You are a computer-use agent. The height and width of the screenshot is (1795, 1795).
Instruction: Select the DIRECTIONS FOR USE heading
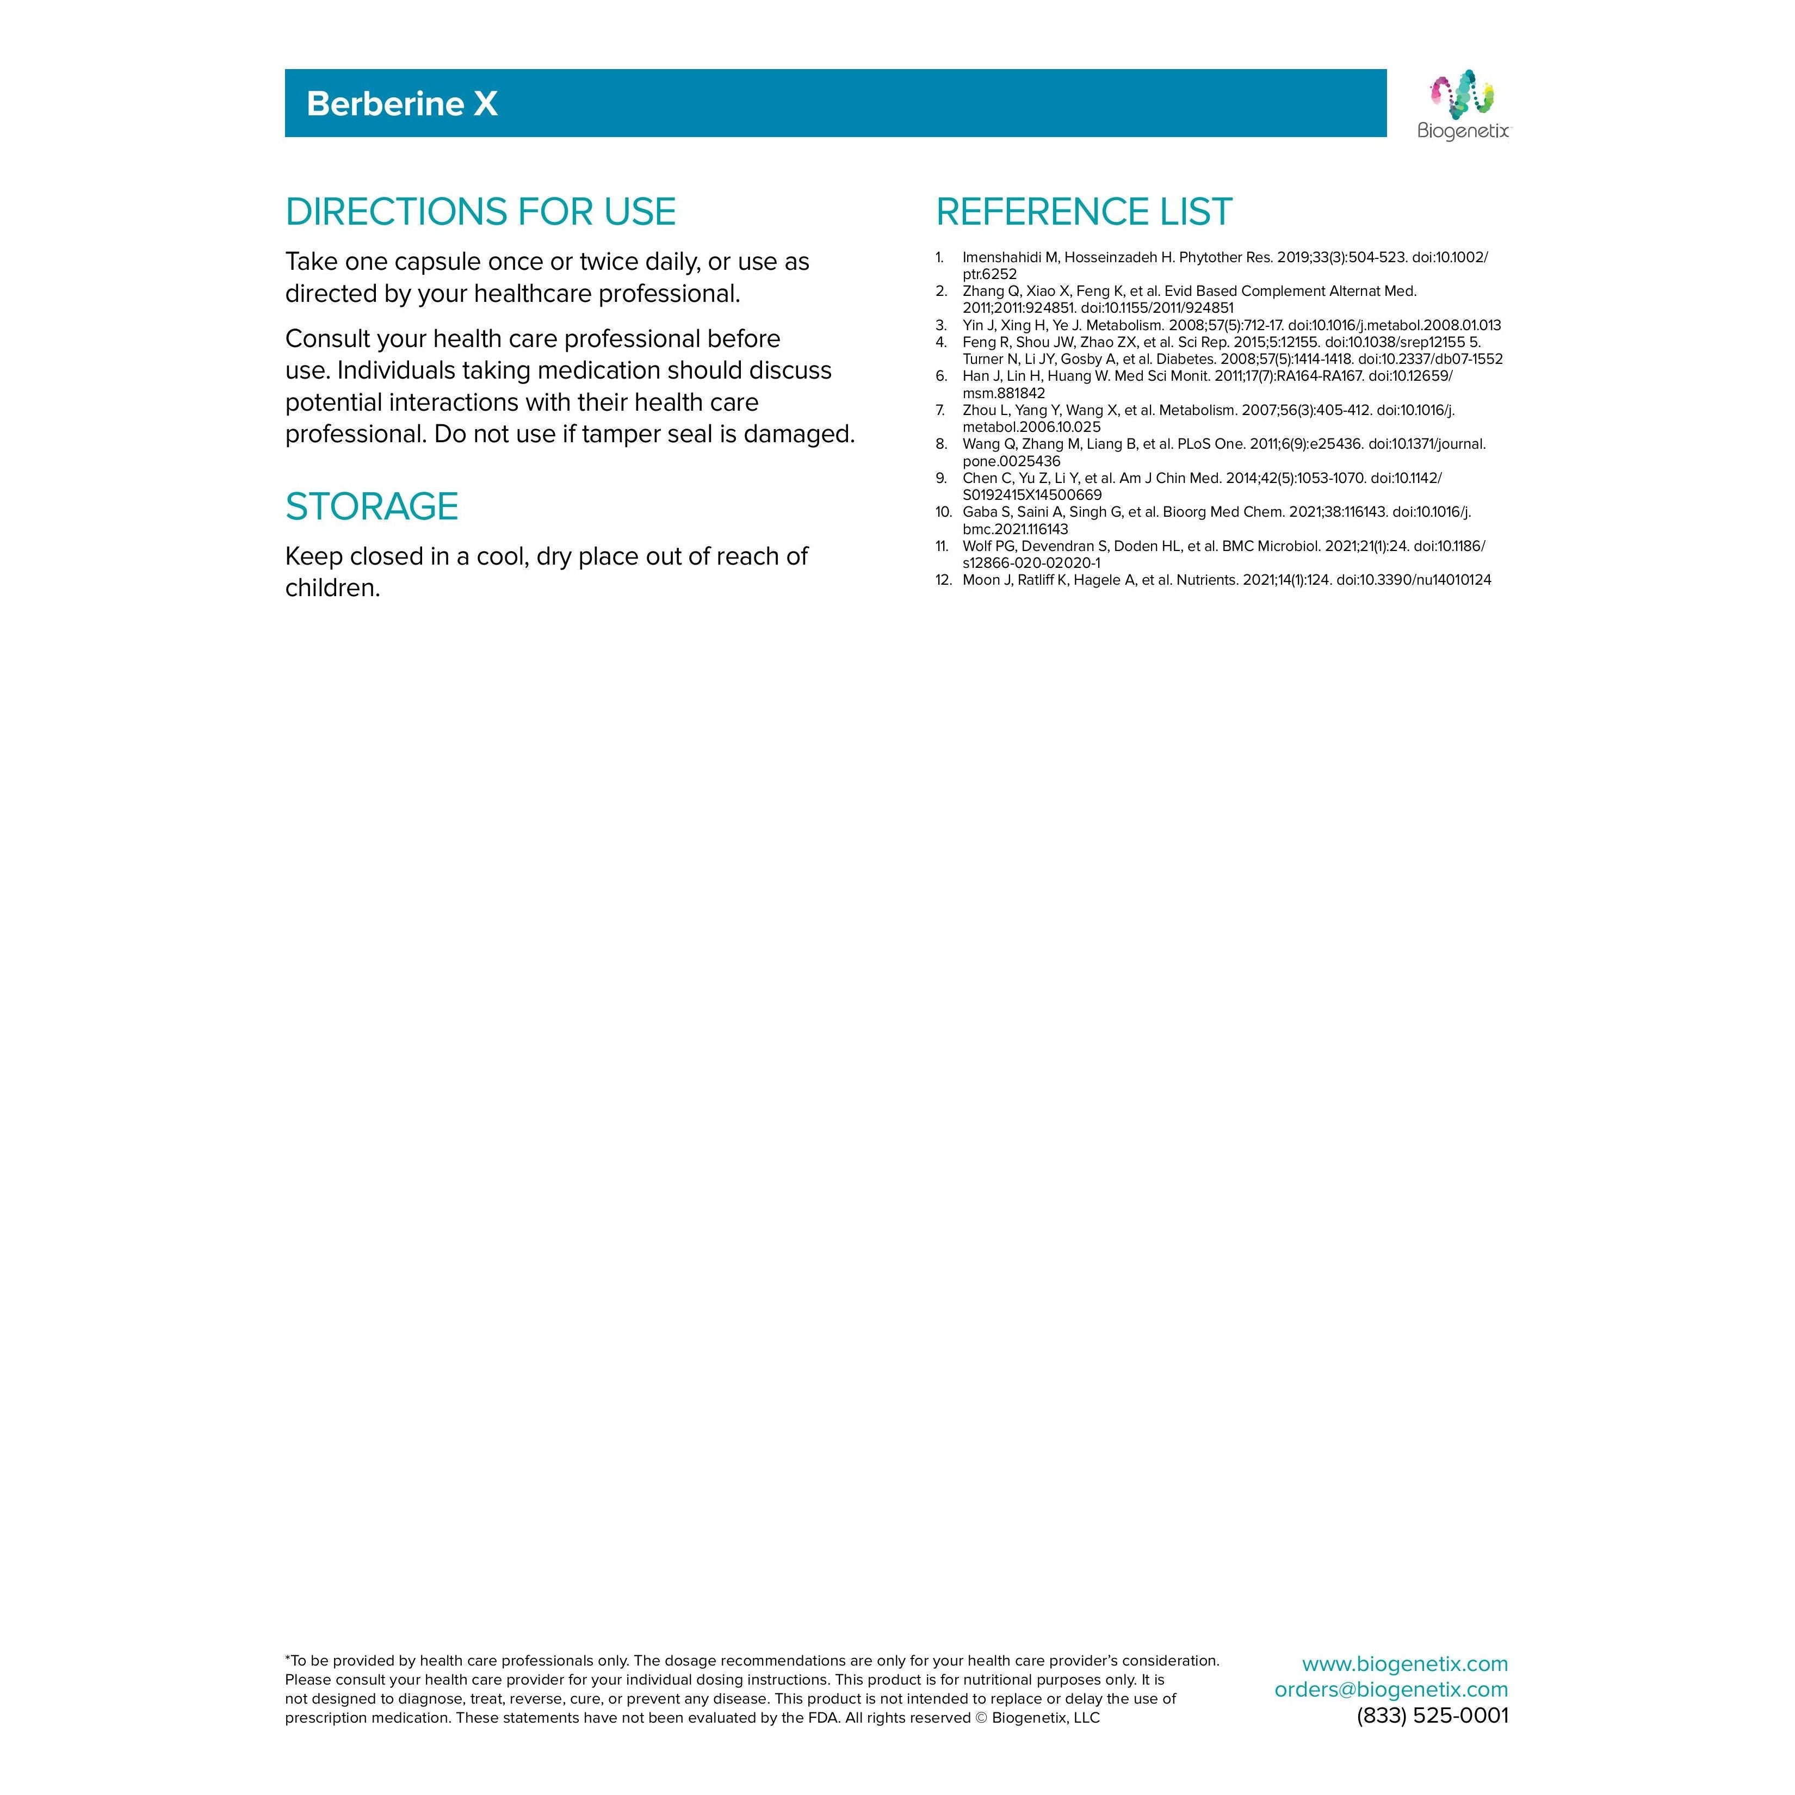point(480,212)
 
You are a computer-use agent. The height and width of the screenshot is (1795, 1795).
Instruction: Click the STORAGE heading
point(372,506)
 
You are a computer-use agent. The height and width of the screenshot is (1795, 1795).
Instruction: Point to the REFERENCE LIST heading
point(1084,212)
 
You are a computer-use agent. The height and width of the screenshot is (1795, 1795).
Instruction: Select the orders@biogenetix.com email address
point(1391,1689)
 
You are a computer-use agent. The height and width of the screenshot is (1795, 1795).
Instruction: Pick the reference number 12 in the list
point(944,580)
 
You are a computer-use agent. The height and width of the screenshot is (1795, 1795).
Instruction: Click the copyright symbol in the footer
point(981,1718)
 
